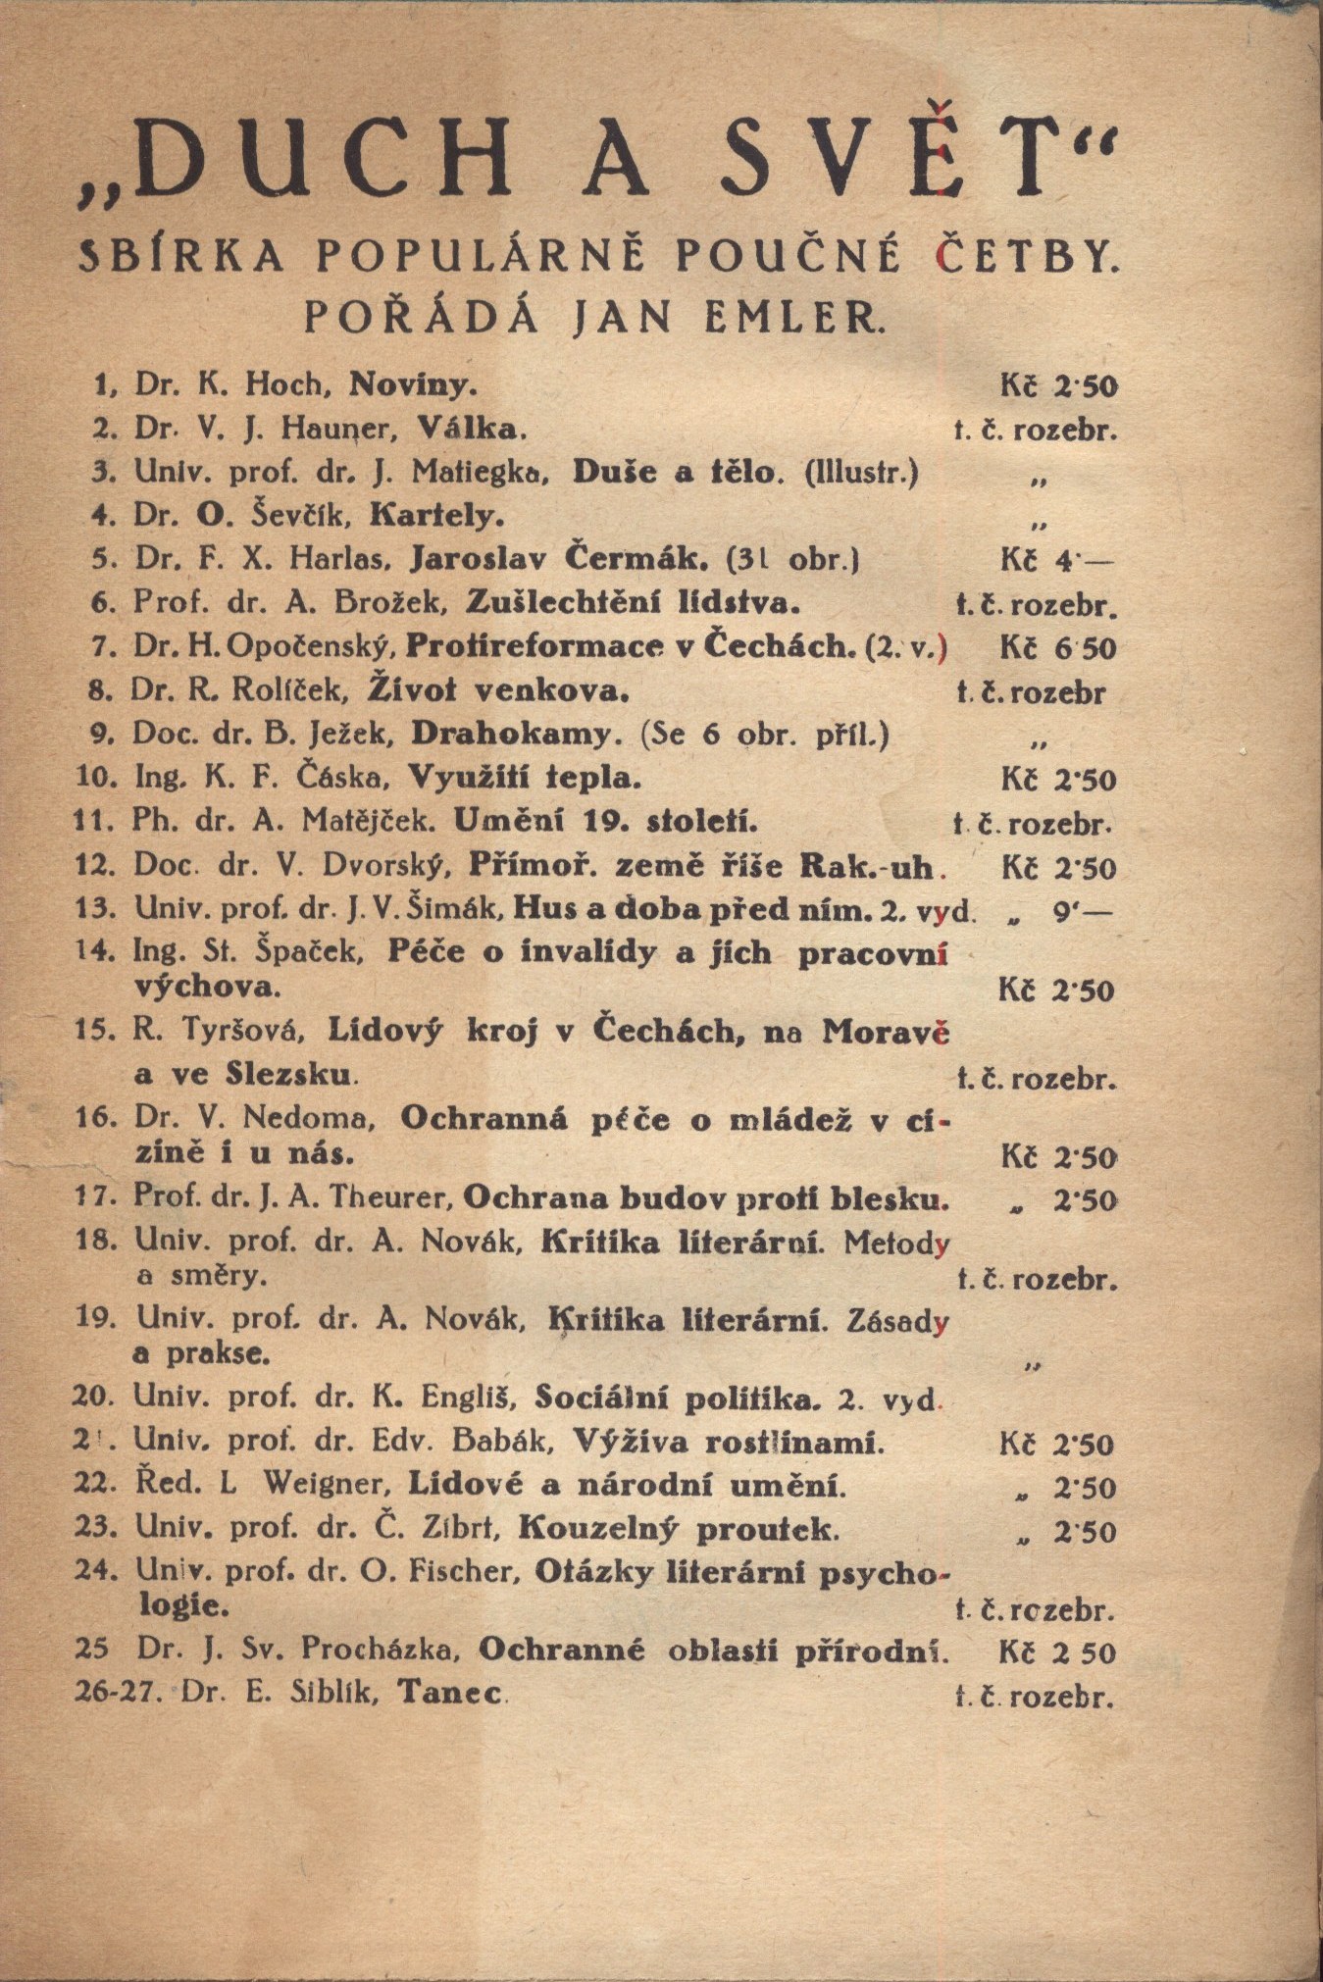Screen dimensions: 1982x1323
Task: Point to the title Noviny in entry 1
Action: click(x=413, y=384)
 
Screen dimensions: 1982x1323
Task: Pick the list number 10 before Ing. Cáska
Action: click(x=98, y=779)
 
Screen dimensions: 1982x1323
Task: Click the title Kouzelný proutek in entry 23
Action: click(x=678, y=1529)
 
